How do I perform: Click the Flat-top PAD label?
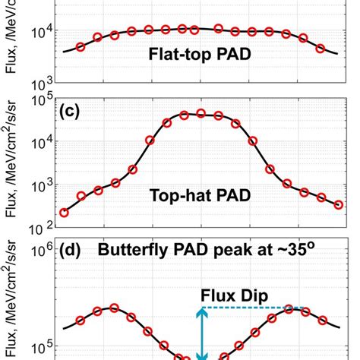[201, 55]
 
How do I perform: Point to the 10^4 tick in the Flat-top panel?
[39, 30]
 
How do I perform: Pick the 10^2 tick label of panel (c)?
[39, 226]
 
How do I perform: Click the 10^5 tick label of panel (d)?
[39, 348]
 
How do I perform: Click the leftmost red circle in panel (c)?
[64, 213]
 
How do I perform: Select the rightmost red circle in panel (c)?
[338, 204]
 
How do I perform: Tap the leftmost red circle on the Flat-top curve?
[81, 47]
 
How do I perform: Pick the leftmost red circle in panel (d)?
[81, 321]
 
